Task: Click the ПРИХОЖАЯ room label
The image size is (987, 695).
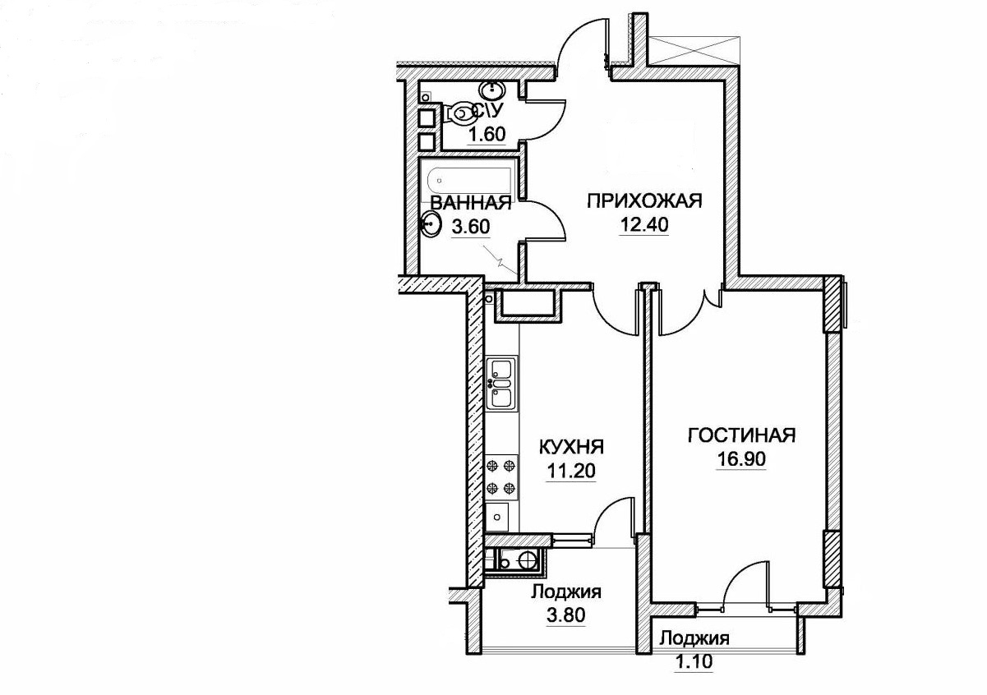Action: (x=644, y=202)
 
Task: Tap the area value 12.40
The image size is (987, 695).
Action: (x=644, y=225)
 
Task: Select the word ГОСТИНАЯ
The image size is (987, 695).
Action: (x=741, y=435)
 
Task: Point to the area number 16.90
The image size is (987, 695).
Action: (x=741, y=459)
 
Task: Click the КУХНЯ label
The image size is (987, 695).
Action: (x=571, y=448)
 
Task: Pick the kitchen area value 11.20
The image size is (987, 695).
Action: (x=571, y=472)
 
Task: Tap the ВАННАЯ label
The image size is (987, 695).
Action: (x=470, y=204)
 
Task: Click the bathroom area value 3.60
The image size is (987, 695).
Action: (x=471, y=227)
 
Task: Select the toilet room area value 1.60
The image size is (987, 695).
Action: (x=486, y=135)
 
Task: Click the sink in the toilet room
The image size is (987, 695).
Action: (x=492, y=92)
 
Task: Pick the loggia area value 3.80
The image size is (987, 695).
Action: (x=566, y=614)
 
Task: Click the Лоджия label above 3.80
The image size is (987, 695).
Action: (x=565, y=592)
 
